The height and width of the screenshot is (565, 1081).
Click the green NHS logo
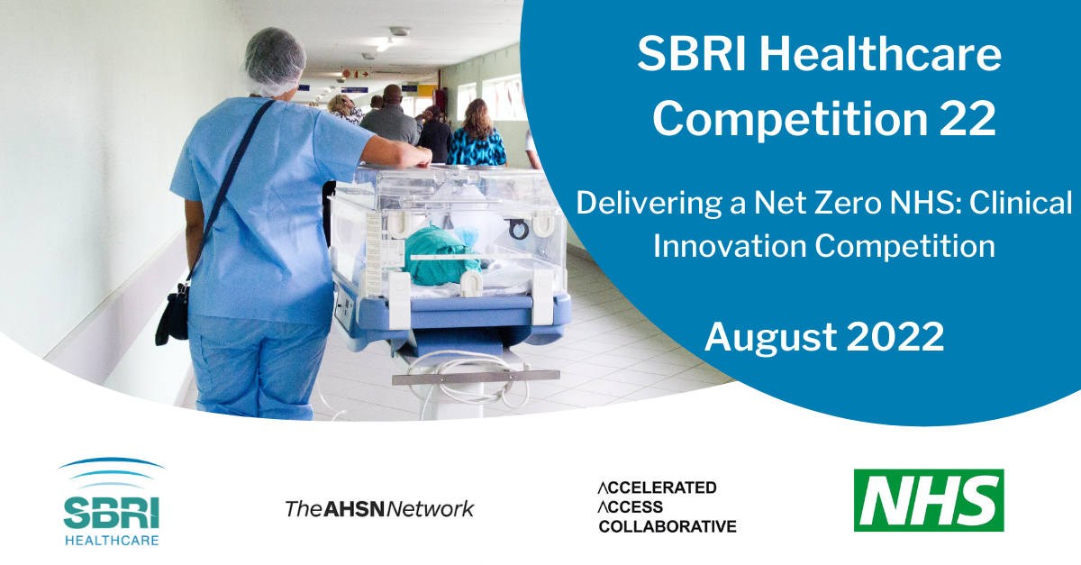pyautogui.click(x=929, y=500)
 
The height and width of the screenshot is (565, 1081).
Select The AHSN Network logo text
pyautogui.click(x=379, y=508)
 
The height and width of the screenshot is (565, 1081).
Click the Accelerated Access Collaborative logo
pyautogui.click(x=667, y=506)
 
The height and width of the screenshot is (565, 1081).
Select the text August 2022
pyautogui.click(x=823, y=336)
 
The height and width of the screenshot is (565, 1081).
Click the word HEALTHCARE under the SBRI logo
pyautogui.click(x=112, y=539)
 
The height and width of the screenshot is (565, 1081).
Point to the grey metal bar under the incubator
pyautogui.click(x=462, y=377)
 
